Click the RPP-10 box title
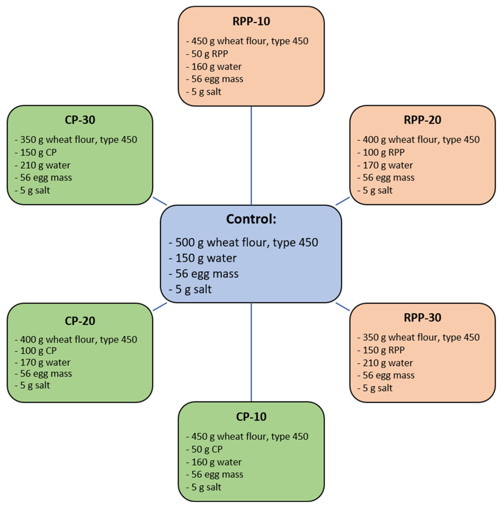pyautogui.click(x=251, y=21)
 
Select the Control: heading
pyautogui.click(x=251, y=219)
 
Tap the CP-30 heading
pyautogui.click(x=80, y=120)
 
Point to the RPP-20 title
pyautogui.click(x=422, y=120)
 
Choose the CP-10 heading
pyautogui.click(x=251, y=417)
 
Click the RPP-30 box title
pyautogui.click(x=422, y=317)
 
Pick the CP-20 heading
pyautogui.click(x=80, y=321)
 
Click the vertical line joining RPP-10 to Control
pyautogui.click(x=251, y=155)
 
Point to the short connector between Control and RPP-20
pyautogui.click(x=342, y=201)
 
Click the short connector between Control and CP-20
pyautogui.click(x=160, y=307)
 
